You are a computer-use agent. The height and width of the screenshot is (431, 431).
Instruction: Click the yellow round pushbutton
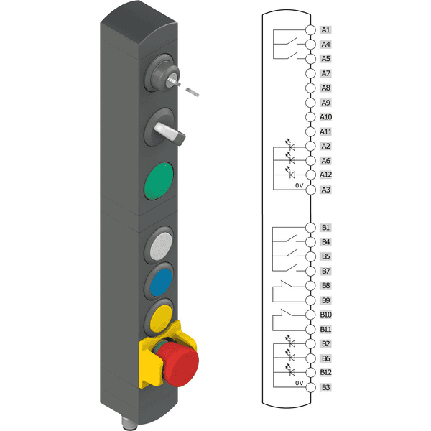(x=159, y=316)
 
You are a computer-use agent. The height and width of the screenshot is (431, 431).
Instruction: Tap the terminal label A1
(x=326, y=30)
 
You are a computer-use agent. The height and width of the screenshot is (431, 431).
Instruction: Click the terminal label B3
(x=326, y=388)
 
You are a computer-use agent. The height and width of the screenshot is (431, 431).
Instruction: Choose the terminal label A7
(x=326, y=73)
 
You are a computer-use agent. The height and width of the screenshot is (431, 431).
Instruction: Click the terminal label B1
(x=326, y=228)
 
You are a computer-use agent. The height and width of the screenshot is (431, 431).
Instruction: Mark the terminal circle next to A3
(x=310, y=190)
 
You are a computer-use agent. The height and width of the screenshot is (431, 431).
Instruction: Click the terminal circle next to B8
(x=310, y=286)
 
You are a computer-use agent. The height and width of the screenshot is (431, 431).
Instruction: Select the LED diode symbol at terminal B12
(x=291, y=371)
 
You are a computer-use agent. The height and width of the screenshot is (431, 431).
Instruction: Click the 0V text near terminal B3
(x=300, y=383)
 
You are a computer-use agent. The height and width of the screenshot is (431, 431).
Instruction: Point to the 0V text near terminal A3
(x=300, y=185)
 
